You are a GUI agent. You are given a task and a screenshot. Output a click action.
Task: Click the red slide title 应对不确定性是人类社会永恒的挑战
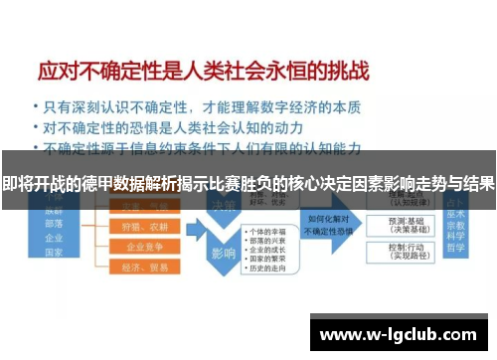pos(203,71)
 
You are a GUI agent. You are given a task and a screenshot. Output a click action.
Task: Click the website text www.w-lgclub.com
pos(401,333)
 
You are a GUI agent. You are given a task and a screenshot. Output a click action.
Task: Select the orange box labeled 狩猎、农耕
pos(137,227)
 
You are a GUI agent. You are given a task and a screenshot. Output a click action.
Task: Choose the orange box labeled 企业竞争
pos(137,247)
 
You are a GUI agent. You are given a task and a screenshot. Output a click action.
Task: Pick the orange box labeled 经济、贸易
pos(137,267)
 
